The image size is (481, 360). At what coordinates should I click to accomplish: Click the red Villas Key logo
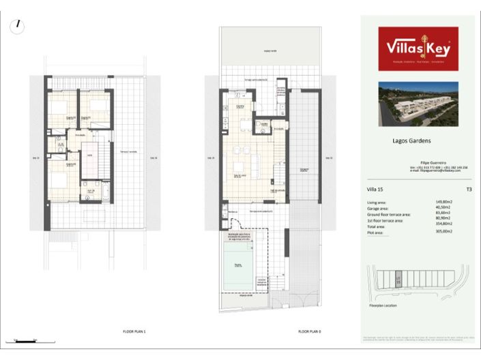(418, 48)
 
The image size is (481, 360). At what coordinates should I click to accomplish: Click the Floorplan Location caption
(383, 305)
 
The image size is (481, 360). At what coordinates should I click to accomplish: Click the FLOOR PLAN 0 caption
(309, 331)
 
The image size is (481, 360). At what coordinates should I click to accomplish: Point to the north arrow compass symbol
(18, 27)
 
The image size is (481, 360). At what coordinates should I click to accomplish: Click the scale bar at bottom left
(25, 340)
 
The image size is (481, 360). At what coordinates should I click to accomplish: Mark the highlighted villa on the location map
(399, 279)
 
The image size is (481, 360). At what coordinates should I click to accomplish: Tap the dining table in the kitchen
(244, 124)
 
